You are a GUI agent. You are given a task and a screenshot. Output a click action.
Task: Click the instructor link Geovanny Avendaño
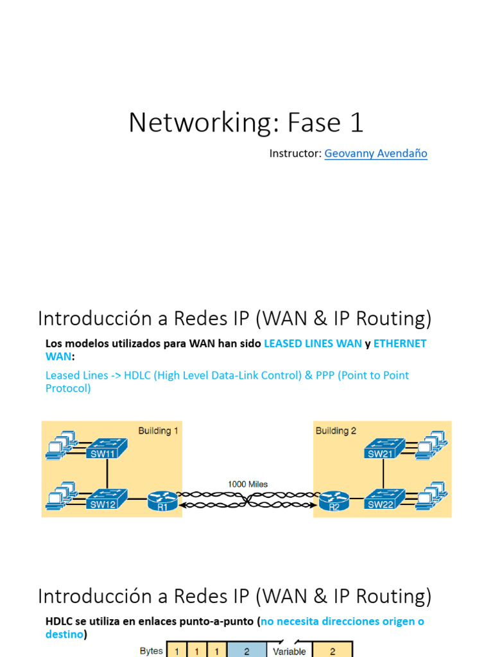click(376, 153)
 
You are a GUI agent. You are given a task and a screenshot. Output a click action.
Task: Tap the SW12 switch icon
click(107, 499)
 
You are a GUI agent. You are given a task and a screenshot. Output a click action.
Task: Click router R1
click(162, 500)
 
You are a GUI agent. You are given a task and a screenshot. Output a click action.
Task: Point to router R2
click(334, 500)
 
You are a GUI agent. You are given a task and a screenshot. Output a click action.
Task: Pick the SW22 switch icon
click(385, 499)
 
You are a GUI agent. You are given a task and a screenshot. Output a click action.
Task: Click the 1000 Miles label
click(248, 484)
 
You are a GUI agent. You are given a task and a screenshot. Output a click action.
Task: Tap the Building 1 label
click(158, 431)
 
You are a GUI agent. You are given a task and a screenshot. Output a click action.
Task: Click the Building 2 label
click(336, 431)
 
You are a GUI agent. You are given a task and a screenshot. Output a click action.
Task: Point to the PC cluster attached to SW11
click(62, 445)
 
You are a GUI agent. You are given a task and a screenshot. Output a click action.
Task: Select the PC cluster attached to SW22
click(431, 496)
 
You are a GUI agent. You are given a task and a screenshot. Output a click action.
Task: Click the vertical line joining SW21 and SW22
click(383, 474)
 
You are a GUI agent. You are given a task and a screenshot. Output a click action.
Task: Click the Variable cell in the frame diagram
click(290, 651)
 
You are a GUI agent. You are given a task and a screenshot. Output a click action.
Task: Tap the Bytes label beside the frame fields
click(151, 651)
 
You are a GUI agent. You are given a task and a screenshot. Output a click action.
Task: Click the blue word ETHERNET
click(399, 344)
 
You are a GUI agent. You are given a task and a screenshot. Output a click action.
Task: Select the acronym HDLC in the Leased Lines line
click(137, 375)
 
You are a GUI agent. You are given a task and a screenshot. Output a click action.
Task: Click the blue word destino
click(64, 635)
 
